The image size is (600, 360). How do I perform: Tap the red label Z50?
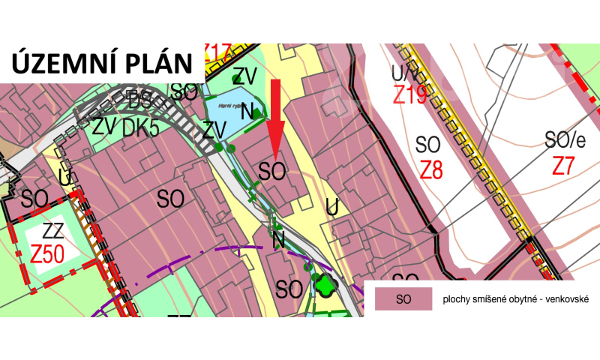click(x=47, y=253)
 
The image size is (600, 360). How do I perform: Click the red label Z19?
click(x=409, y=95)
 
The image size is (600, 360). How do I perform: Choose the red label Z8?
click(x=431, y=169)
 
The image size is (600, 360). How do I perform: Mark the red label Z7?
click(x=567, y=166)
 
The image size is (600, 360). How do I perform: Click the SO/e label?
click(x=565, y=139)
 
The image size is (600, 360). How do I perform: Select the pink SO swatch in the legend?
click(x=403, y=299)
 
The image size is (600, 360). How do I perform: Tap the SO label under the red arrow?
click(x=272, y=171)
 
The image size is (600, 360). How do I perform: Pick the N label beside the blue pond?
click(x=256, y=113)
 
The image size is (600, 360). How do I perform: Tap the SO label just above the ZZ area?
click(x=35, y=199)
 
